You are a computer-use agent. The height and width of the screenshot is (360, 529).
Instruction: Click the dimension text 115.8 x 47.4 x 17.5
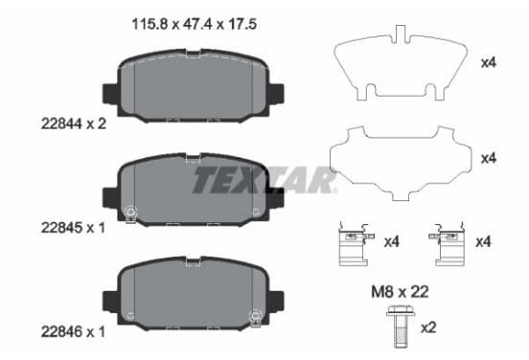195,24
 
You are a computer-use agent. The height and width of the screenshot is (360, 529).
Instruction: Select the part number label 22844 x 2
74,124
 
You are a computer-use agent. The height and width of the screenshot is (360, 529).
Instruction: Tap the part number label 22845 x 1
73,228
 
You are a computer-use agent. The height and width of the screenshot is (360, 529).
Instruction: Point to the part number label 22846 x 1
73,332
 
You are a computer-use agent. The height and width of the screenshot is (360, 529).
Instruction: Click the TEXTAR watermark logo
264,180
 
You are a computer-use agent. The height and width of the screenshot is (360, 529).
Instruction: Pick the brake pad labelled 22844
193,86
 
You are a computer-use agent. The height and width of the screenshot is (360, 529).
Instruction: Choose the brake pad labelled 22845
193,190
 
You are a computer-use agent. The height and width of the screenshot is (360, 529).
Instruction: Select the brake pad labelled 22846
193,294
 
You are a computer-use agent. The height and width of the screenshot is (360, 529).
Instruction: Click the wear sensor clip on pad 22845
130,214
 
